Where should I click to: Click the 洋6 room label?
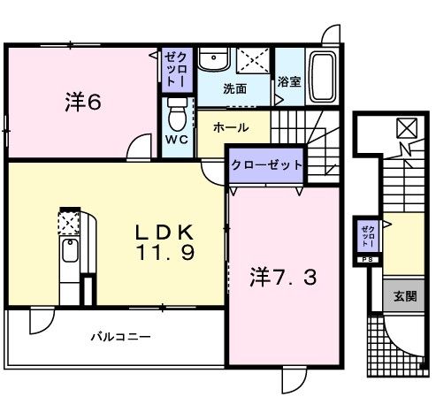(82, 103)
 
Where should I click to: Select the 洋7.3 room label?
(283, 277)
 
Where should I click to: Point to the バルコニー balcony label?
(121, 337)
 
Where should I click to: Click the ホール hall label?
(231, 127)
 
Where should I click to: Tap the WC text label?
(177, 141)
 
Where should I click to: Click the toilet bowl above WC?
(177, 113)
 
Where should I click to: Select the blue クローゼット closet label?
(268, 164)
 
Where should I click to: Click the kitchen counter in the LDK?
(69, 265)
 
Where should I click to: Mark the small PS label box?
(367, 260)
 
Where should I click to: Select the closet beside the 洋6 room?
(173, 67)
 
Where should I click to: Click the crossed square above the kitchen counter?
(69, 221)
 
